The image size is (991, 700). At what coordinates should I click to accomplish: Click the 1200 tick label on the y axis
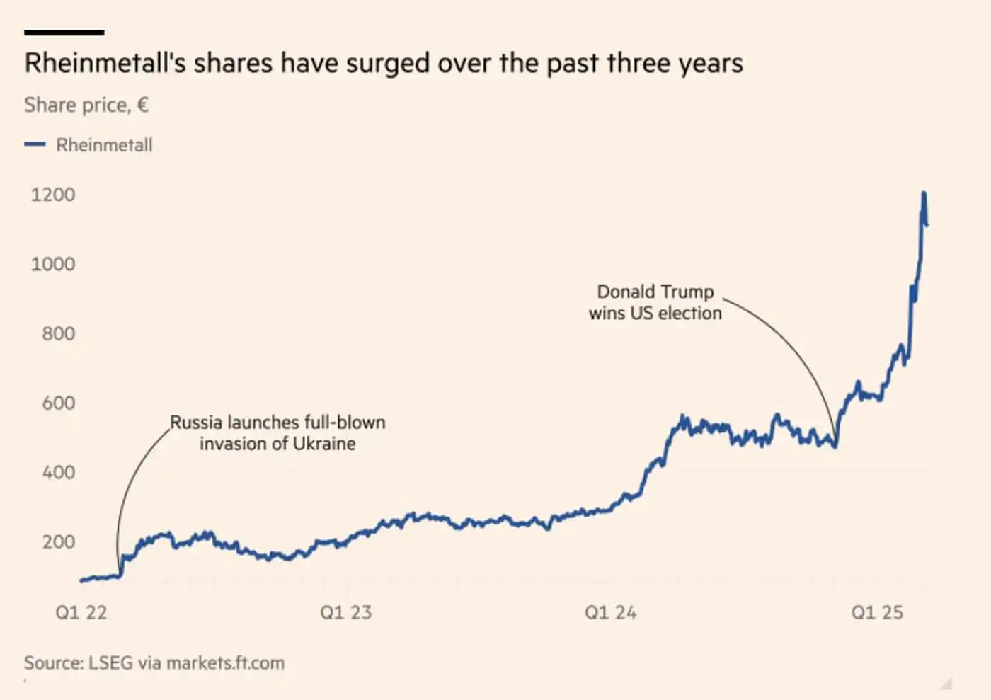tap(53, 195)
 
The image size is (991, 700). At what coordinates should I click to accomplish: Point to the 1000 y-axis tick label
tap(53, 264)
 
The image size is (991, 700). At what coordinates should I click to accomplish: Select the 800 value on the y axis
tap(58, 333)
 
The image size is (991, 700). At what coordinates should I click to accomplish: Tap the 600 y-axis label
tap(58, 403)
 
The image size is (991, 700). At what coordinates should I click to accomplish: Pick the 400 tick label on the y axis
tap(58, 472)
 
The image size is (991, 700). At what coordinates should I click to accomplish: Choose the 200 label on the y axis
tap(58, 541)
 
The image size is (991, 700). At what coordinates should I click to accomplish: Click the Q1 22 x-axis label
tap(81, 612)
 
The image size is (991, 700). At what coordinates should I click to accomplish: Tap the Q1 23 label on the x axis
tap(345, 612)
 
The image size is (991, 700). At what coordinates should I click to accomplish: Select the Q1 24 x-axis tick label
tap(610, 612)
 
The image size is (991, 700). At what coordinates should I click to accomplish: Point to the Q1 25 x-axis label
tap(877, 612)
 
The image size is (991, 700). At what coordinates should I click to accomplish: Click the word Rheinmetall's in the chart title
tap(105, 64)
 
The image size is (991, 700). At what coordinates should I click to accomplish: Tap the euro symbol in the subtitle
tap(143, 105)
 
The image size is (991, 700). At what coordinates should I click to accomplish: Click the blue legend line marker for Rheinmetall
tap(35, 144)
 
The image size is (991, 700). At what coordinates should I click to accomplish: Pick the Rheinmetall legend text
tap(104, 145)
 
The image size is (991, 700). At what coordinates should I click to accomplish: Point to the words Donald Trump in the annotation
tap(655, 292)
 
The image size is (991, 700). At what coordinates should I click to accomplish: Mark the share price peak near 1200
tap(924, 193)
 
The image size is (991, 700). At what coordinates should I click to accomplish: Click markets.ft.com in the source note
tap(225, 663)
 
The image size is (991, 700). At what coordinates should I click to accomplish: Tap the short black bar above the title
tap(64, 33)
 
